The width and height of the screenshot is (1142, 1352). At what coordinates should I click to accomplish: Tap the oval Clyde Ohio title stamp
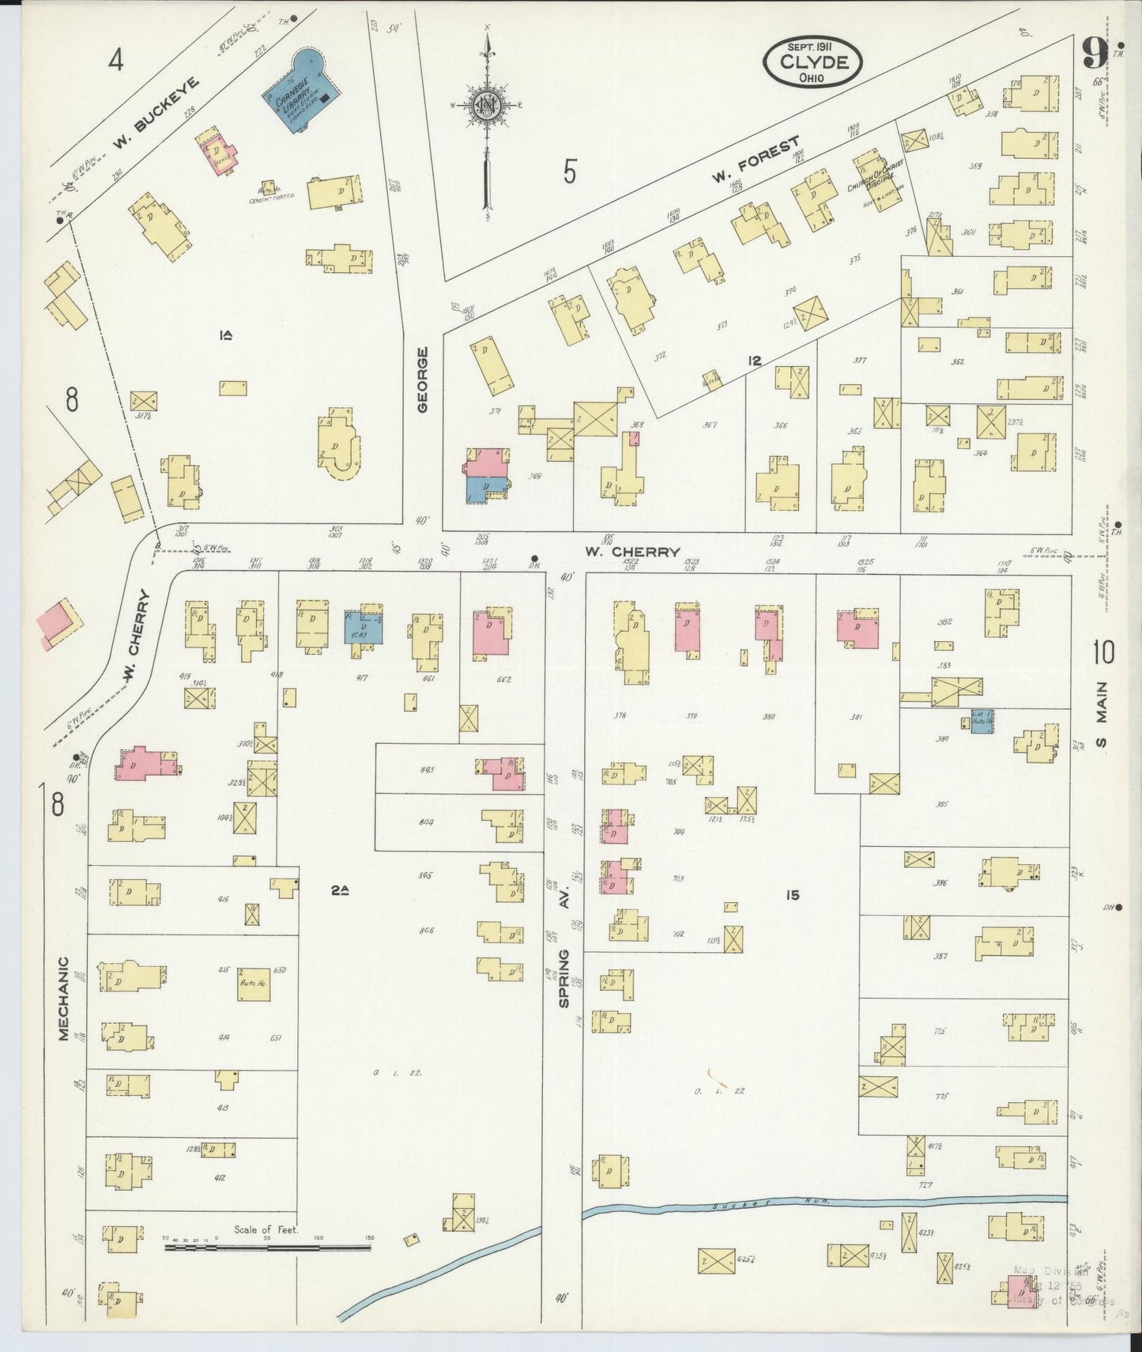(812, 61)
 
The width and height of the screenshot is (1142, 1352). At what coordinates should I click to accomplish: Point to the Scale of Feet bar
(267, 1248)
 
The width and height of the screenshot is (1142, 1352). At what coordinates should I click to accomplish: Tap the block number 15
(792, 895)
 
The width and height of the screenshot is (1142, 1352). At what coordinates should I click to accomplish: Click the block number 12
(754, 361)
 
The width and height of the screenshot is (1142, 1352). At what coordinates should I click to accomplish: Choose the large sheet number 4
(117, 60)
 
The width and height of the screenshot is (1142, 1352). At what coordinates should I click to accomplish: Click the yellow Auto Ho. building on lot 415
(251, 983)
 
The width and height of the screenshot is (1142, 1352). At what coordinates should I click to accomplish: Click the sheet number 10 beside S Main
(1103, 652)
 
